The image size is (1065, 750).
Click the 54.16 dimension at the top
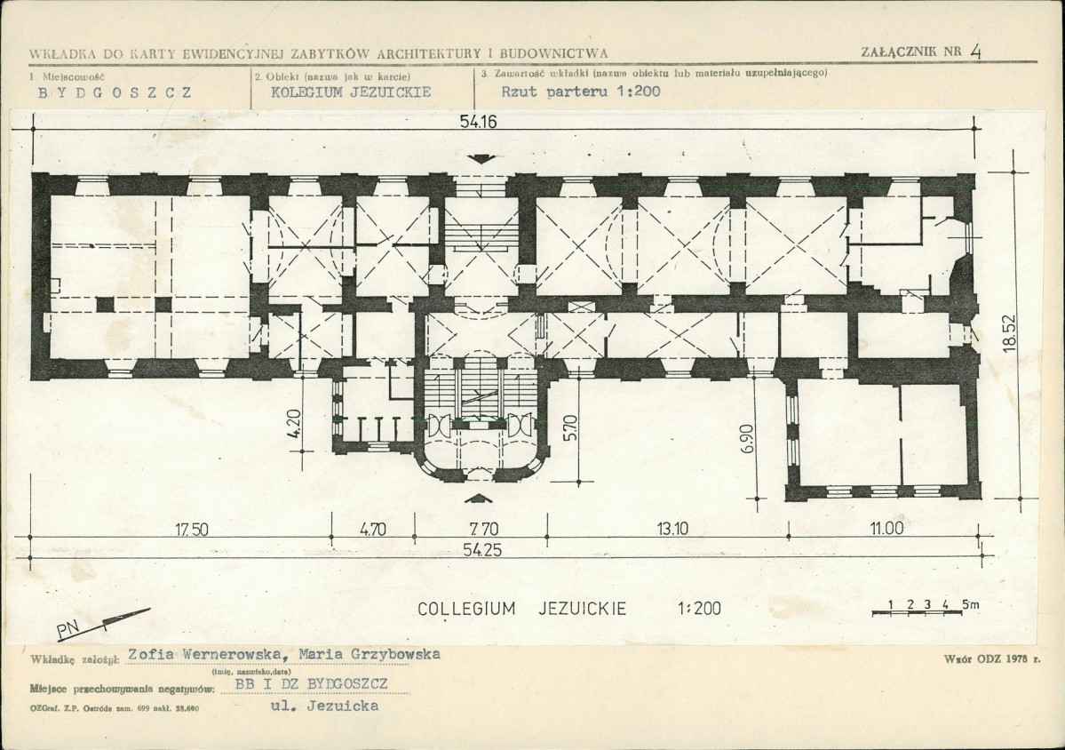(478, 123)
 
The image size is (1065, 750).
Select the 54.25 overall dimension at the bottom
(482, 550)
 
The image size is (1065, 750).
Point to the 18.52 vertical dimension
(1009, 332)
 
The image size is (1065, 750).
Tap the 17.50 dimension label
(192, 530)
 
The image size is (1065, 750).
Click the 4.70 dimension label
(371, 530)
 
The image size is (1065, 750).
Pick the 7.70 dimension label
(483, 530)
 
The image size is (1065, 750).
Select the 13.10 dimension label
(673, 530)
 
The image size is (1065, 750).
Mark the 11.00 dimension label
(887, 529)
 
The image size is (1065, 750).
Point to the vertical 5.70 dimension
(571, 428)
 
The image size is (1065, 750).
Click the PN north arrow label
(68, 631)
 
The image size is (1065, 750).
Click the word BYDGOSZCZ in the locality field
(115, 92)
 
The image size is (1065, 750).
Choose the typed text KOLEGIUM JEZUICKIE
(351, 92)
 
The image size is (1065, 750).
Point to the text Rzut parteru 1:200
(581, 92)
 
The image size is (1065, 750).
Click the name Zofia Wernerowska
(204, 654)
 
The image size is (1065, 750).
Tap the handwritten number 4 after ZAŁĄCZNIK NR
(976, 53)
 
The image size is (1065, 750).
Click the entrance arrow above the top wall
(481, 159)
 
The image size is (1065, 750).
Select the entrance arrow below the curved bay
(480, 499)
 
